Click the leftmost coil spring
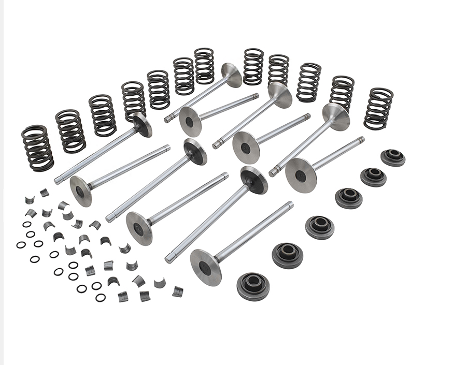[37, 148]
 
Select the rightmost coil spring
[378, 109]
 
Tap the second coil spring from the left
[70, 131]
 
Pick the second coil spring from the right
[342, 94]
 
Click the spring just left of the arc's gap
[204, 66]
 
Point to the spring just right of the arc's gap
[253, 66]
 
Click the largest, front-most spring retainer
[253, 286]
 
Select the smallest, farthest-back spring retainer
[393, 157]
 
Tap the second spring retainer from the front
[288, 255]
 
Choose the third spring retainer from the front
[320, 227]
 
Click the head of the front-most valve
[205, 267]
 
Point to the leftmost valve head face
[80, 191]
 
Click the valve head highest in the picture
[232, 75]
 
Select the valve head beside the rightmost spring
[336, 116]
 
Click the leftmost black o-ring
[21, 244]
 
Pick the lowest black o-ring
[101, 297]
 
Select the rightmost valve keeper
[178, 291]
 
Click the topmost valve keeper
[45, 193]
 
